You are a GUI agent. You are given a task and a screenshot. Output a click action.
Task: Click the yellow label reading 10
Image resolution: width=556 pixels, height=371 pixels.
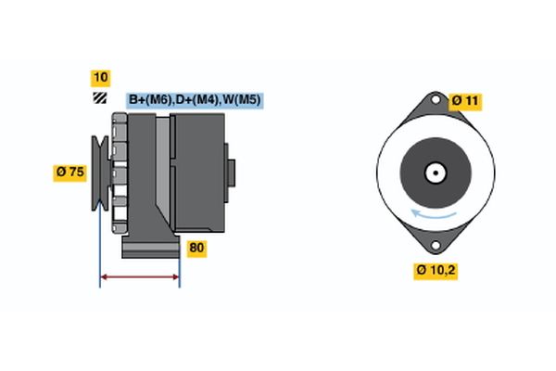click(x=99, y=77)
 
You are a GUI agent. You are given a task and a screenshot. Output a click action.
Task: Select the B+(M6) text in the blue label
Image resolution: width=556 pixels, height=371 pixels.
click(x=147, y=99)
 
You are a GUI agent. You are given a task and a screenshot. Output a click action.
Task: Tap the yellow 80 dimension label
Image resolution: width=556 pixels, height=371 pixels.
click(x=196, y=248)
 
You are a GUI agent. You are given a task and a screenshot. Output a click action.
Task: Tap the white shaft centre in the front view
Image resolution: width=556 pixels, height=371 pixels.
click(x=433, y=173)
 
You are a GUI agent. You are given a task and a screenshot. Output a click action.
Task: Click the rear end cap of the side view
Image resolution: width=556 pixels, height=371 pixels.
click(x=230, y=173)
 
